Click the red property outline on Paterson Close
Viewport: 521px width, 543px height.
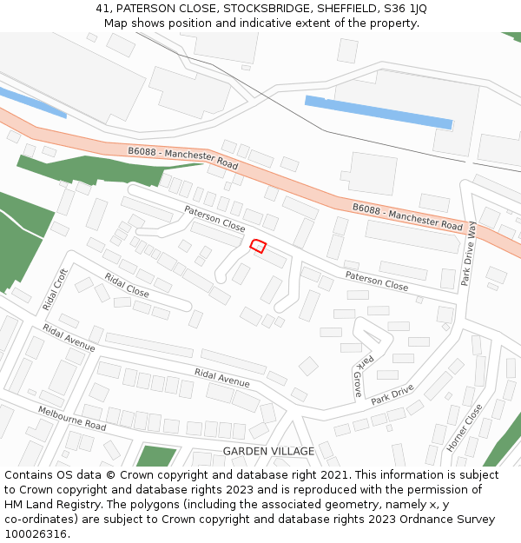[x=258, y=246]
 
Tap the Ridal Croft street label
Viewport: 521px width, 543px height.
[x=55, y=290]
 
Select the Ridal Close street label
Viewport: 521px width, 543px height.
[x=127, y=286]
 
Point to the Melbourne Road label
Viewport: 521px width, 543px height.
[x=71, y=418]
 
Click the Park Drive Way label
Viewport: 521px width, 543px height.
[x=470, y=254]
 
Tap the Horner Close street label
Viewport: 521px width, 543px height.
[x=464, y=427]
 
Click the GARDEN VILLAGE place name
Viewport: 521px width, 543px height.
[x=268, y=451]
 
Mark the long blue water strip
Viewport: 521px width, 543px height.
[x=379, y=112]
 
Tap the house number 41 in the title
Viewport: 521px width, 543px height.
[x=102, y=9]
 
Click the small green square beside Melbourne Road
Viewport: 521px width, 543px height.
[x=156, y=456]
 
